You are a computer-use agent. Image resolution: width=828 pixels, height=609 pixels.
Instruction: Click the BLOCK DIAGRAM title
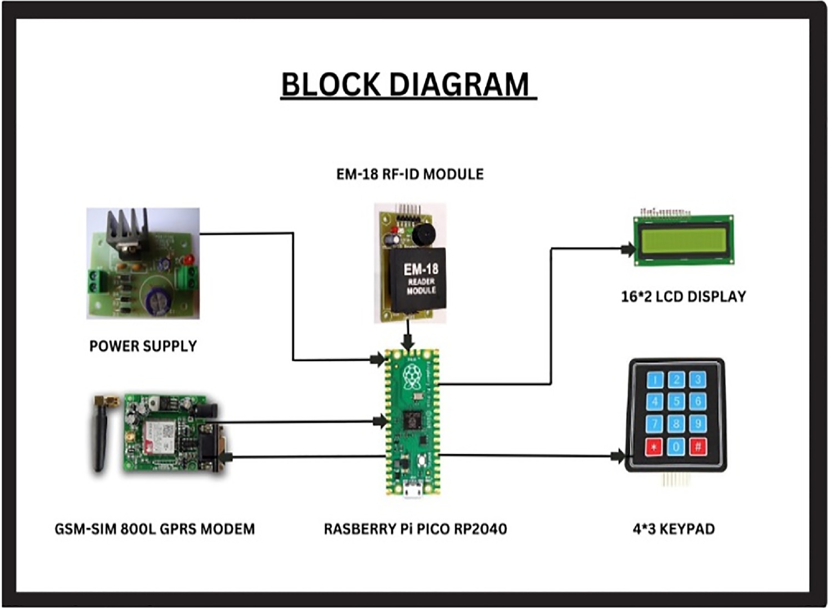408,84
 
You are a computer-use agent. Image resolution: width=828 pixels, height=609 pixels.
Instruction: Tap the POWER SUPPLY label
143,346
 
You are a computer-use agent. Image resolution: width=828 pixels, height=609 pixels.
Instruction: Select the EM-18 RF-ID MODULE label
410,174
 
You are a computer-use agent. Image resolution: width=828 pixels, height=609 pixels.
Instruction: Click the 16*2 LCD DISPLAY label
683,296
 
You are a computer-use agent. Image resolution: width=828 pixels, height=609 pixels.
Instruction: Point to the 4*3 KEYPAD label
674,529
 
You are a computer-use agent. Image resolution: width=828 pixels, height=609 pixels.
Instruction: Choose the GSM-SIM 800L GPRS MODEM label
155,529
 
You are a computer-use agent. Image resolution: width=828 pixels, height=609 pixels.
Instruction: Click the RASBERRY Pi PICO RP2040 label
415,529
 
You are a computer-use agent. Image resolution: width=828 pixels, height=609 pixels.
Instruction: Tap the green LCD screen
683,240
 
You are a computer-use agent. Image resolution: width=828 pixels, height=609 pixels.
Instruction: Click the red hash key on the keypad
698,446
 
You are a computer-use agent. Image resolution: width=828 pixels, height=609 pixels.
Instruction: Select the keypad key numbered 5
676,402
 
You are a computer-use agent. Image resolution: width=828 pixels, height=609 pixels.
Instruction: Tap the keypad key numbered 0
676,446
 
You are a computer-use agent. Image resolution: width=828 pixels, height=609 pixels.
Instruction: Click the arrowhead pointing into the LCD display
628,249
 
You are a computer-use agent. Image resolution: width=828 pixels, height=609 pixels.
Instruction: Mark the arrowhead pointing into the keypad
618,456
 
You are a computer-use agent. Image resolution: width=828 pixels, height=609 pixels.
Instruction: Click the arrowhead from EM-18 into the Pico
408,344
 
